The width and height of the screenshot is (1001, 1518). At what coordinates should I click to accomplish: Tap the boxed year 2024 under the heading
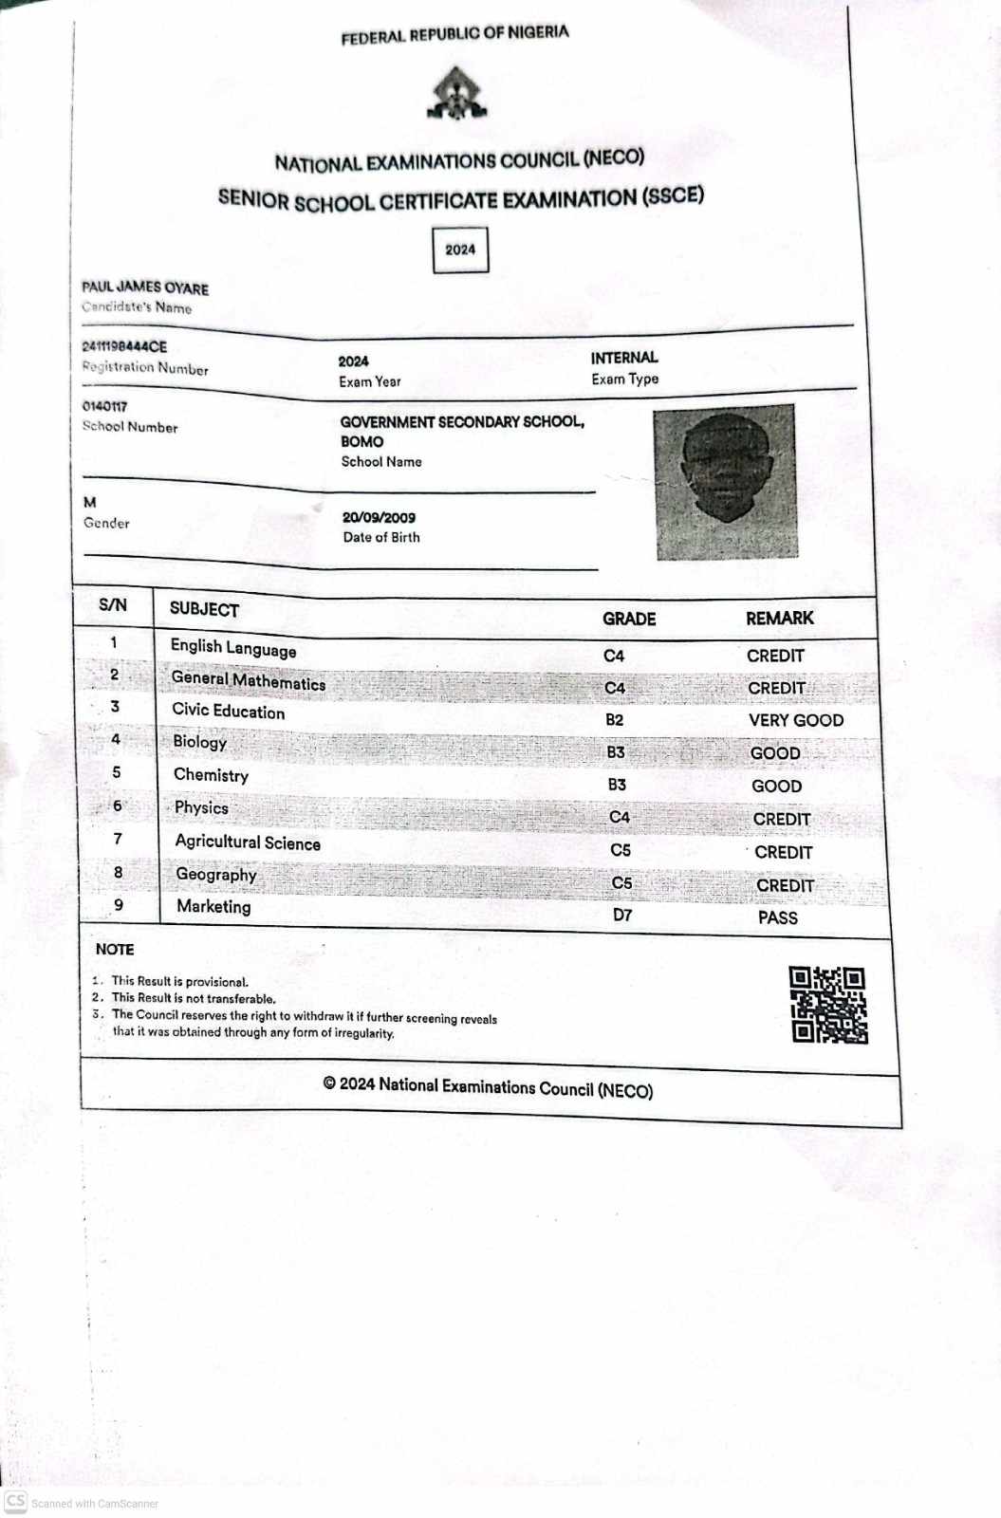coord(460,250)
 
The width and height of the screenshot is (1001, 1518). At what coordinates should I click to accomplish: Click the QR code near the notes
coord(827,1005)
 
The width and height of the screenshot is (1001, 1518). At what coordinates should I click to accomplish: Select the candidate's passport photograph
coord(726,481)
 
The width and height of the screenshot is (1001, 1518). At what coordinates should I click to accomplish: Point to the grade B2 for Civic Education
coord(615,720)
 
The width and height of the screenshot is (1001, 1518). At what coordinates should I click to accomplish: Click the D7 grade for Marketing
coord(622,916)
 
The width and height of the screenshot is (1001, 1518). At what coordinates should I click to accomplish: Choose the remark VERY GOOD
coord(795,721)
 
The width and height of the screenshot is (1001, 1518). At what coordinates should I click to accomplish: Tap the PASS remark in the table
coord(777,917)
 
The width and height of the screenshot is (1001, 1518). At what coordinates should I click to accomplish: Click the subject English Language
coord(233,648)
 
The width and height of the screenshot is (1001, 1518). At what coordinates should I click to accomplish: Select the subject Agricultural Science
coord(248,842)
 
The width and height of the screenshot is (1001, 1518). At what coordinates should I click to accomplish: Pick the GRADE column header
coord(629,619)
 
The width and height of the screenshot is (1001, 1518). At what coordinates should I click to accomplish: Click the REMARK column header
coord(779,619)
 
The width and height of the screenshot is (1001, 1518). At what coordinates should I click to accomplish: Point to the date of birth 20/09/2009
coord(379,518)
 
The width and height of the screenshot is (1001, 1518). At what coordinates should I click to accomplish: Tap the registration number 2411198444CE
coord(124,347)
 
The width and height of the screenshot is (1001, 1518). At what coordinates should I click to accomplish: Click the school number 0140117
coord(104,407)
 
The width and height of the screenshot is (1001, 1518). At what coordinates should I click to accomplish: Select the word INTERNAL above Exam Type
coord(623,358)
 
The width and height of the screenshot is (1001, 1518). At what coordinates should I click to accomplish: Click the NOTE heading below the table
coord(115,950)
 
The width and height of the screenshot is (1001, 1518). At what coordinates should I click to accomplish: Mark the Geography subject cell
coord(216,875)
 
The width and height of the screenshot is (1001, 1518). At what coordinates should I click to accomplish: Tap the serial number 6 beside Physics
coord(118,806)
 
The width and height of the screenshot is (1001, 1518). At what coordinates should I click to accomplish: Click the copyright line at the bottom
coord(488,1087)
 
